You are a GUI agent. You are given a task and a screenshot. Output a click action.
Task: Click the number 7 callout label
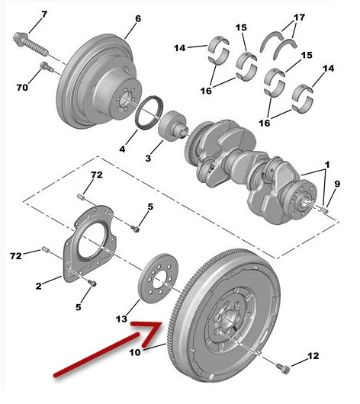[x=44, y=14]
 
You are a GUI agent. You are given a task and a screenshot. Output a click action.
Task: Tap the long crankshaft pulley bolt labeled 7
[x=31, y=43]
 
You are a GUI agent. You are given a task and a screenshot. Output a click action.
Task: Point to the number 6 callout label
[x=138, y=18]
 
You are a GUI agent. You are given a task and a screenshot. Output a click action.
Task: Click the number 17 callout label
[x=299, y=18]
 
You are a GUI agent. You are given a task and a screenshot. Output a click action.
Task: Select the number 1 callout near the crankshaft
[x=327, y=165]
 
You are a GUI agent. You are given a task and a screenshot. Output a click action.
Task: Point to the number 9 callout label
[x=337, y=184]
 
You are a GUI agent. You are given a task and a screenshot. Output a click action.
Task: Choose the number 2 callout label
[x=38, y=286]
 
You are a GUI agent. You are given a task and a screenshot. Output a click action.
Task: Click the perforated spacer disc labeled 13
[x=158, y=278]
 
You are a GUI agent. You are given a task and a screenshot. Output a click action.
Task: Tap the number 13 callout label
[x=121, y=319]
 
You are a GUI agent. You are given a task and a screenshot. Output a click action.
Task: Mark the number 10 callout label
[x=135, y=352]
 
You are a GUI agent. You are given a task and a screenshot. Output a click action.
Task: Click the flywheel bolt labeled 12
[x=283, y=368]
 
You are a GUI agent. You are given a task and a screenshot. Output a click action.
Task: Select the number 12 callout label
[x=313, y=356]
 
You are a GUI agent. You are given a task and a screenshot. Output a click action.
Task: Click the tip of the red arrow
[x=161, y=323]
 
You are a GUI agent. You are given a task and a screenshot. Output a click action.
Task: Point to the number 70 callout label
[x=22, y=88]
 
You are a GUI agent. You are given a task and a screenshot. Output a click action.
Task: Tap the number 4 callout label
[x=122, y=149]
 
